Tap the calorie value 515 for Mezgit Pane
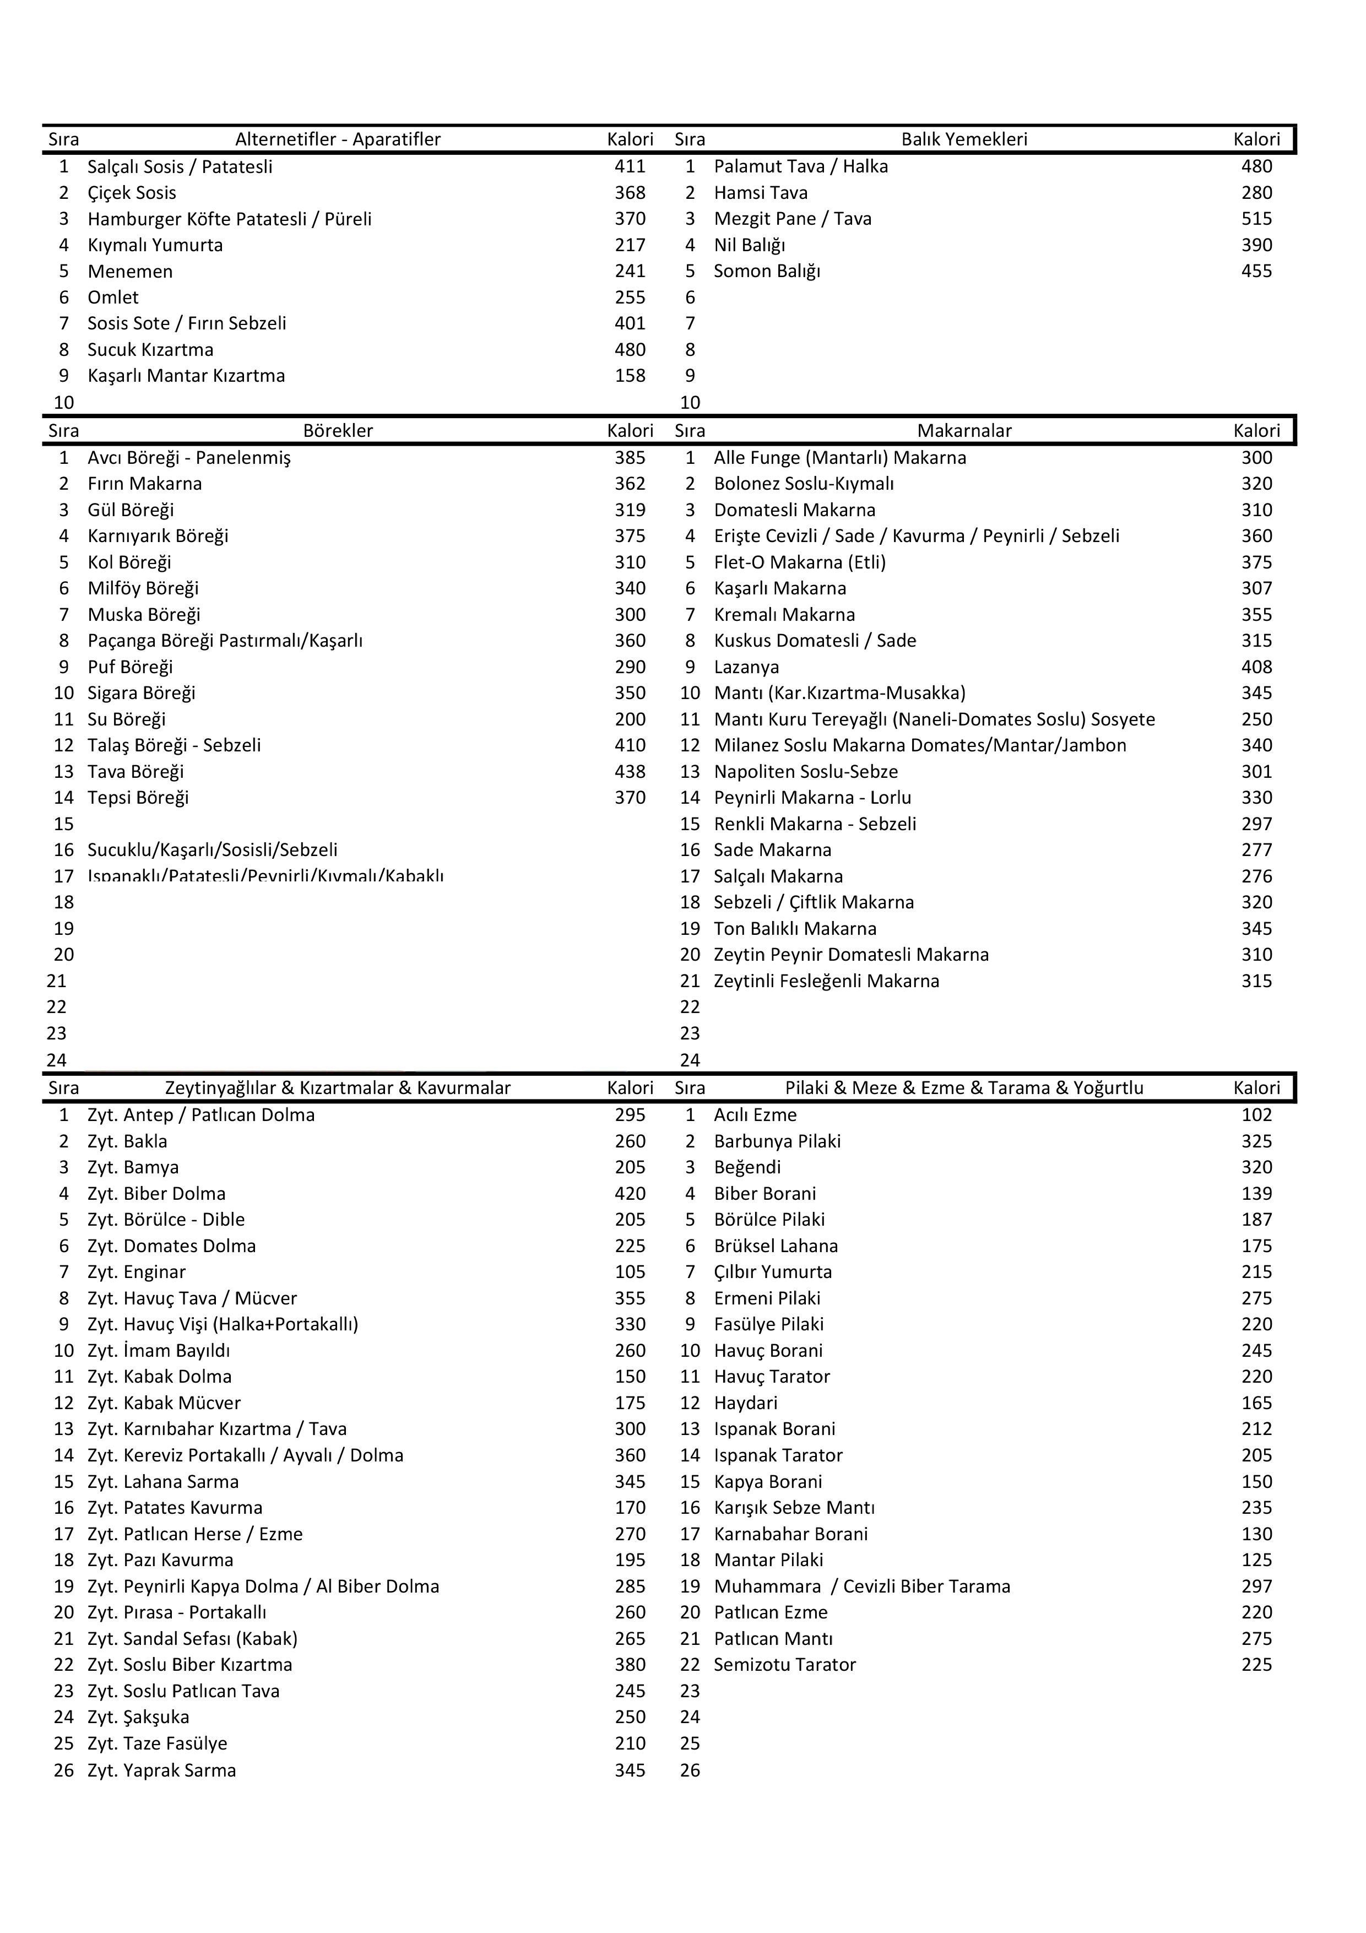coord(1256,219)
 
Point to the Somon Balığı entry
coord(766,271)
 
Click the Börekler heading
coord(338,431)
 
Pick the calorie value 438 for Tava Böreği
coord(630,771)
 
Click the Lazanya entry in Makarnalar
coord(746,667)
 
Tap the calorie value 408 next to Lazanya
coord(1256,667)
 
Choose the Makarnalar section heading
coord(964,431)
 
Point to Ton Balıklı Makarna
coord(794,929)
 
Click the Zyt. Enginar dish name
coord(137,1271)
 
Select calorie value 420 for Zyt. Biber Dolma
coord(630,1193)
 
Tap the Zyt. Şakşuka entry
coord(138,1717)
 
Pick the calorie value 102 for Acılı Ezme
coord(1256,1114)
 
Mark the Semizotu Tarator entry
coord(784,1664)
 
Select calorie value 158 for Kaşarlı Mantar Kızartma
coord(630,376)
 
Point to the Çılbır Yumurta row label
coord(773,1271)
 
